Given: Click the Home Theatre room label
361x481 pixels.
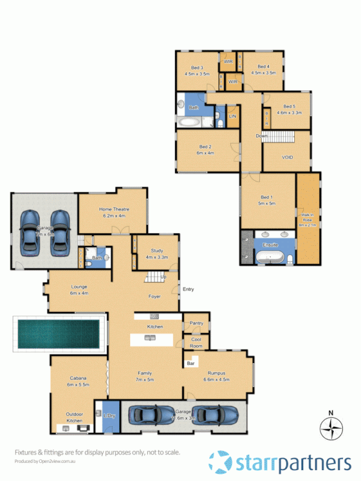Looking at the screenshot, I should [x=114, y=212].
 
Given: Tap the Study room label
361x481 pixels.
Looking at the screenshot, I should [x=157, y=254].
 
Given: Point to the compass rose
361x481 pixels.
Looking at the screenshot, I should [x=330, y=429].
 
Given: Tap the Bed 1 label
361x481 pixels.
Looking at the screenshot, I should [x=268, y=201].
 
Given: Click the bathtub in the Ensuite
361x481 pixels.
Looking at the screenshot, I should [x=270, y=257].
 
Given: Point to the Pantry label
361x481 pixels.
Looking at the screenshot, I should [x=195, y=323].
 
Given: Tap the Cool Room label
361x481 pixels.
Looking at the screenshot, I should [x=196, y=343].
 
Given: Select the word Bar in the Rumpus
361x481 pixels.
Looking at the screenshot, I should [x=192, y=363].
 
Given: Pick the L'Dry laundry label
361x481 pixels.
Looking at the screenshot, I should [x=109, y=416].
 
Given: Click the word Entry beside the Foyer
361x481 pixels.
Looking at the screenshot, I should [x=188, y=289].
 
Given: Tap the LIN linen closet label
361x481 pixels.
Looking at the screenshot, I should [x=232, y=115].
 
